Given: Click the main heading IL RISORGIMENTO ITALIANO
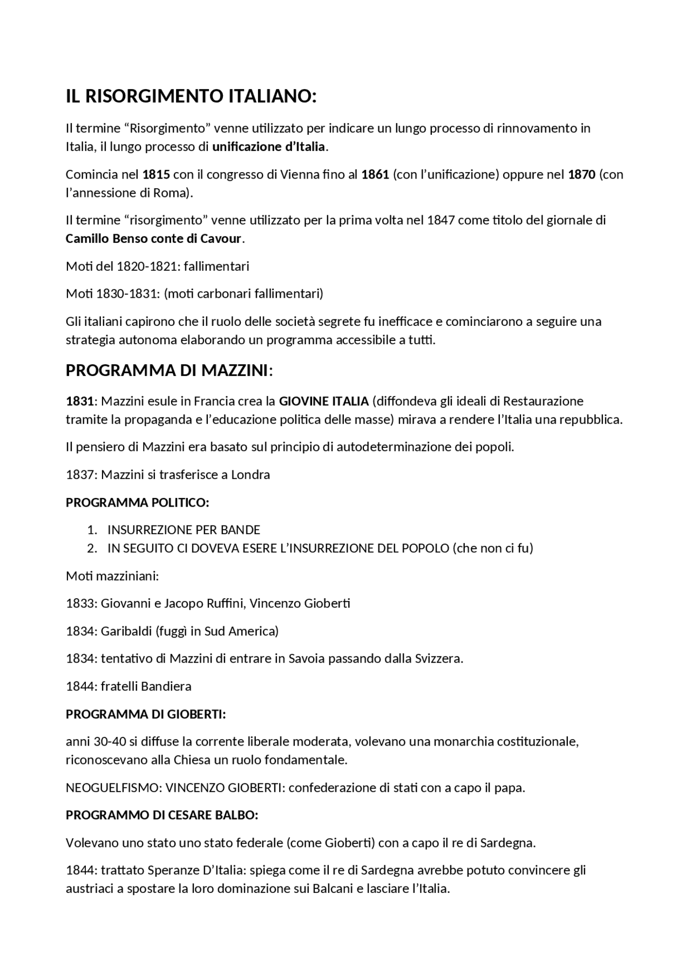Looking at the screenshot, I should (191, 97).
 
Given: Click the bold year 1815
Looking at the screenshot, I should (156, 174).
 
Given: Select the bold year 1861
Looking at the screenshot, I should (375, 174).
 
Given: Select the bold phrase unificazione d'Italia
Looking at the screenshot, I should (268, 147).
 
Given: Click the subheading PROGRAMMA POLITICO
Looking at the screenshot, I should (137, 503).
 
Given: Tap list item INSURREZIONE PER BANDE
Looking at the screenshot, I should (184, 530).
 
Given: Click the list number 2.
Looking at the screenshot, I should (92, 549).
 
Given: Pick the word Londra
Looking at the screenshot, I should (250, 475).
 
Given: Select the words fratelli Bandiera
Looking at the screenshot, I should (146, 687).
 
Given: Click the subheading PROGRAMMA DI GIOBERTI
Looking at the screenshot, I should (145, 714).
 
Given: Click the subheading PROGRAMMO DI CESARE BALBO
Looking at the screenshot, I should (162, 815).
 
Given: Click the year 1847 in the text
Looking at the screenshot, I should (442, 220).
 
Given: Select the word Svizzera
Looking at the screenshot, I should (438, 659).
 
